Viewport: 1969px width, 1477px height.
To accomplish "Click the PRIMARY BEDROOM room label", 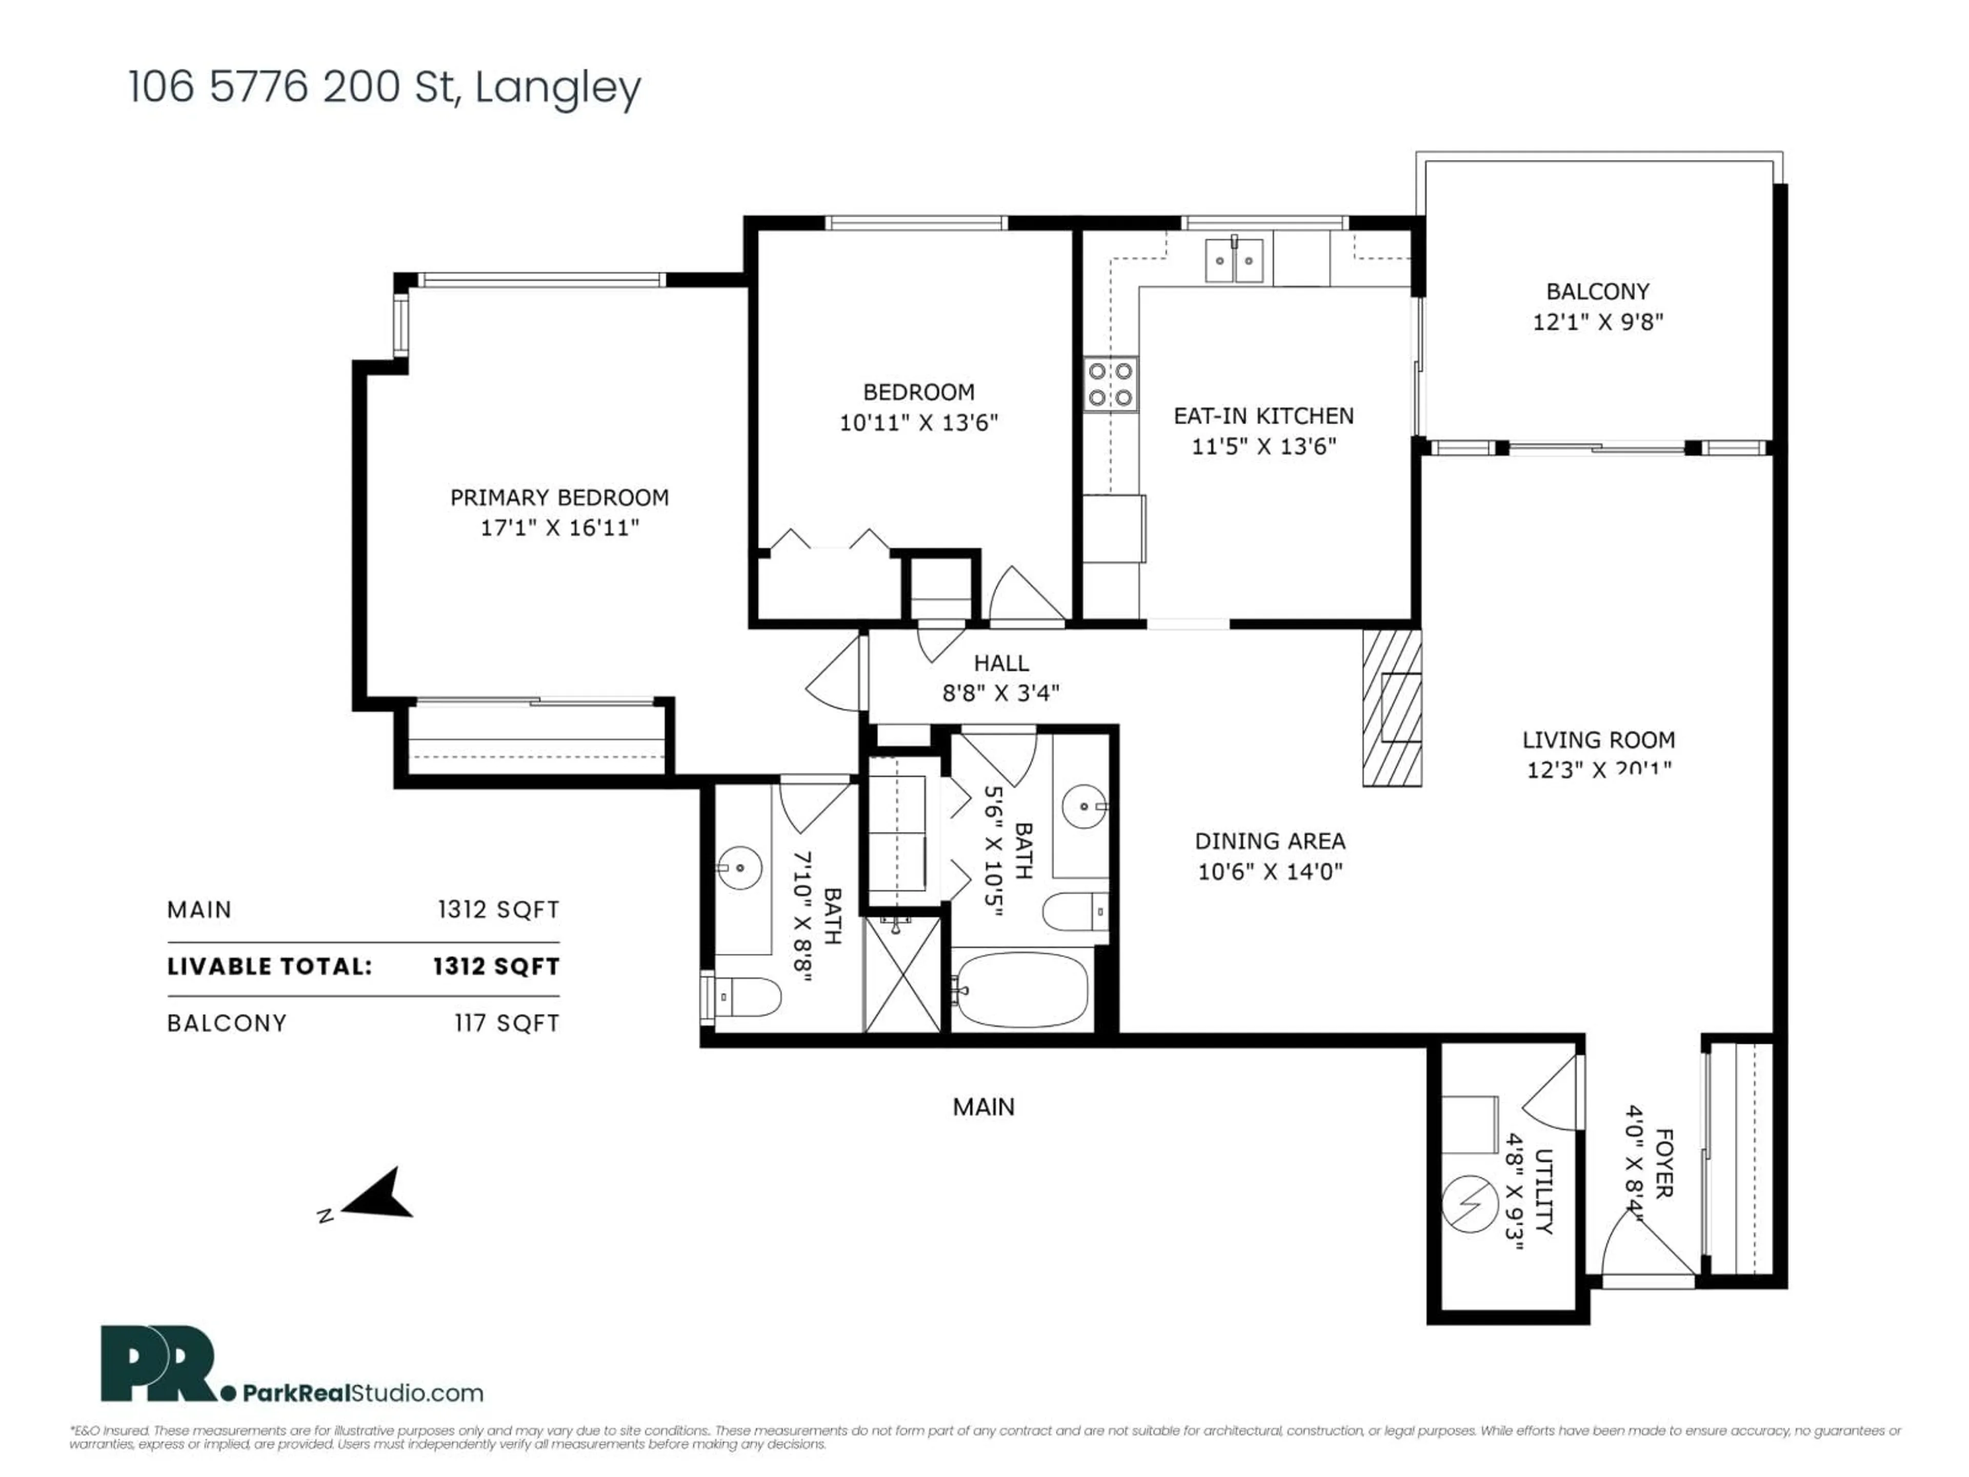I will point(559,497).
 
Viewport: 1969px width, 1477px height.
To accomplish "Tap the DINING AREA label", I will point(1270,842).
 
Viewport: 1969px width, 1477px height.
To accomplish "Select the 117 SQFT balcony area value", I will point(507,1024).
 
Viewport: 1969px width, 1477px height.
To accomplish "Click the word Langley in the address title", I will point(557,88).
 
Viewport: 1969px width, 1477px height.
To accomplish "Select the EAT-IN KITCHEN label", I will point(1263,416).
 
